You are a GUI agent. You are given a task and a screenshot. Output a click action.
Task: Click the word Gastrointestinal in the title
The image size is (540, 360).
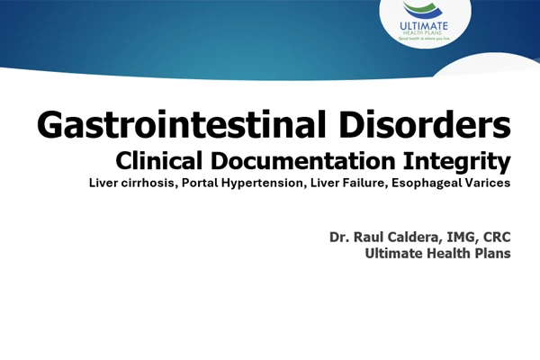pos(181,124)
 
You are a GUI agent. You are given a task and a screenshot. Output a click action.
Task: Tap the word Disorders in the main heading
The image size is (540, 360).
pos(425,124)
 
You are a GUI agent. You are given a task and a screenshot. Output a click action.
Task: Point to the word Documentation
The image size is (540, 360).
pos(302,160)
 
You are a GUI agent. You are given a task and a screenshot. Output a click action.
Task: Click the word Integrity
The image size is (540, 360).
pos(457,161)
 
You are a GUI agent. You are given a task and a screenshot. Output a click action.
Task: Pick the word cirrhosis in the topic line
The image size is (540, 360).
pos(149,183)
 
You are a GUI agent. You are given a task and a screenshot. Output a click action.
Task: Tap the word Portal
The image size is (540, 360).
pos(200,183)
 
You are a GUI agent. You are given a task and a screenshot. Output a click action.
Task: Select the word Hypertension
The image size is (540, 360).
pos(264,184)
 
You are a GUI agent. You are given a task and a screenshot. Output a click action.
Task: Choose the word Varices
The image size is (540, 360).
pos(488,183)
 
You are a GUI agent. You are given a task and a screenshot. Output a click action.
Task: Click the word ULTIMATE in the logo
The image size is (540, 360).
pos(424,26)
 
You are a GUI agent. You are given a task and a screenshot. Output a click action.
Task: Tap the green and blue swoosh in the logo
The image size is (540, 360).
pos(422,10)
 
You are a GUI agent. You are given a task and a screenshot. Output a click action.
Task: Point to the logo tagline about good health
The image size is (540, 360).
pos(424,39)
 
